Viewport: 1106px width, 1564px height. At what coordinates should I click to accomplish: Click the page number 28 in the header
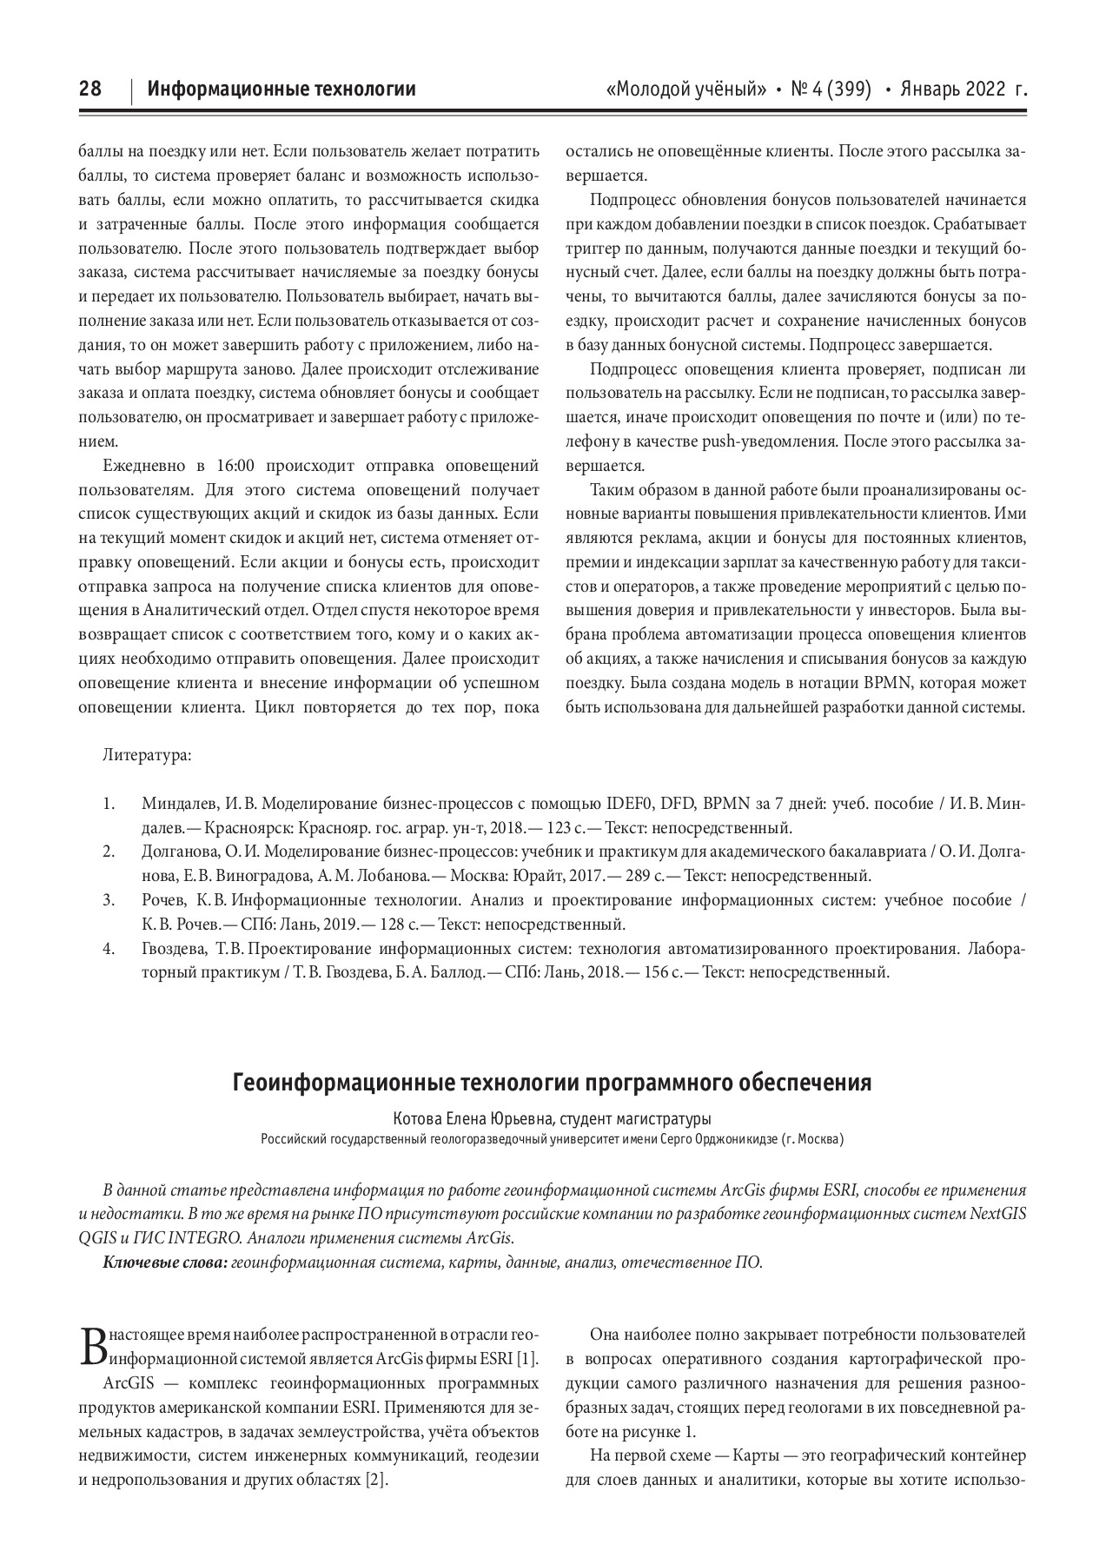(90, 89)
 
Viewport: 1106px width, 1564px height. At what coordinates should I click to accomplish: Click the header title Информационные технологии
(281, 89)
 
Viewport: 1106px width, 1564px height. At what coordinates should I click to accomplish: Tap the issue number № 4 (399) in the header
(831, 89)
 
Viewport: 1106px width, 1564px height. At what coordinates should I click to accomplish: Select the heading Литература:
(147, 755)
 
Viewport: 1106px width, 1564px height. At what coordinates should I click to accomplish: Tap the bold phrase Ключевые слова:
(164, 1262)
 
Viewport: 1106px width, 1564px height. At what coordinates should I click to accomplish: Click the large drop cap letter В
(89, 1347)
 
